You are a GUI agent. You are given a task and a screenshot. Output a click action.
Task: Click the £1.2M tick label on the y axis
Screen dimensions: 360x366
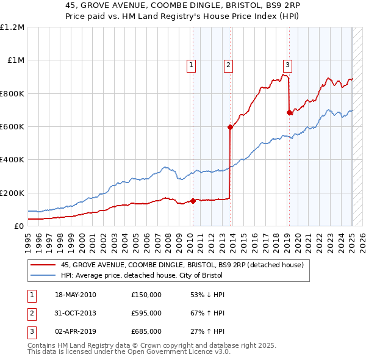12,27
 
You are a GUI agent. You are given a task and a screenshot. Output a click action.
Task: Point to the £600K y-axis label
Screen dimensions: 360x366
12,127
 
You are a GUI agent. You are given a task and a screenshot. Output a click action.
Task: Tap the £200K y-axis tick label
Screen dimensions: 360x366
12,193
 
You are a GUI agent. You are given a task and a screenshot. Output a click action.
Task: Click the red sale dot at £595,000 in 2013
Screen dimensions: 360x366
231,128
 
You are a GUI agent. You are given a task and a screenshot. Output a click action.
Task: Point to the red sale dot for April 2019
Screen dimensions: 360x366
289,112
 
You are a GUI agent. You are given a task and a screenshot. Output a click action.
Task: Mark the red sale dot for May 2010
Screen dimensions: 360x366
193,201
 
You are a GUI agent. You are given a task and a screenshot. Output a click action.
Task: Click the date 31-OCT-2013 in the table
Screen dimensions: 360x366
76,313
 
